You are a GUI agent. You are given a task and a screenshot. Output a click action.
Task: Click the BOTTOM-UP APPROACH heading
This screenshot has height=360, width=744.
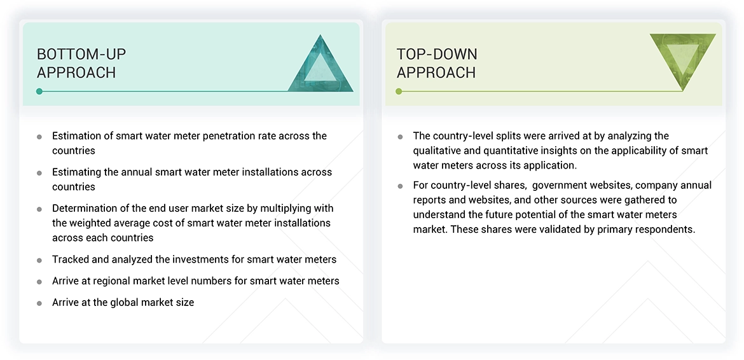(76, 63)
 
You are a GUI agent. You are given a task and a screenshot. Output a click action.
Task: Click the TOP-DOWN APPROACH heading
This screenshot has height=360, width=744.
(437, 63)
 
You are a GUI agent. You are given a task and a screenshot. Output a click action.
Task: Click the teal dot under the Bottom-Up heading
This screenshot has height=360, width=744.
(39, 92)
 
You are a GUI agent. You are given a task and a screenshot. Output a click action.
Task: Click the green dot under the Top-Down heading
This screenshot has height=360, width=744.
(399, 92)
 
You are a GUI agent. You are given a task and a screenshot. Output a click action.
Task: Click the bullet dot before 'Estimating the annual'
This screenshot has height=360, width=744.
(39, 173)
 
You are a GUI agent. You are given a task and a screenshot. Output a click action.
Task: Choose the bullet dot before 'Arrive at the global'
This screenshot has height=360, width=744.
(39, 303)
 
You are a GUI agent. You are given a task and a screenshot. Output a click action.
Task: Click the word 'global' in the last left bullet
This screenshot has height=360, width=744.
(124, 302)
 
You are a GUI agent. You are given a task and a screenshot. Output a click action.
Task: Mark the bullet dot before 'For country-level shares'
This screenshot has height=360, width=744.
(400, 186)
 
